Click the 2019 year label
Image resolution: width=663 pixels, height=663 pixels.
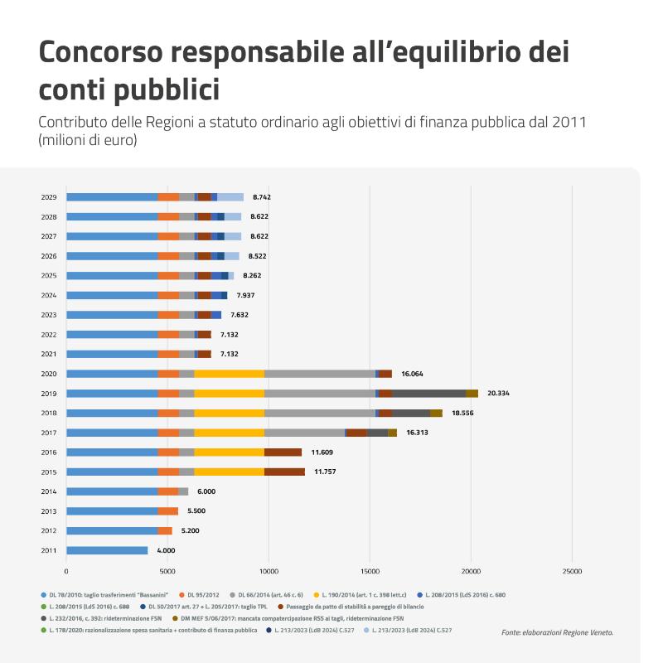click(49, 394)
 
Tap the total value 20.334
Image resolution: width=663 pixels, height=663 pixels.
click(498, 393)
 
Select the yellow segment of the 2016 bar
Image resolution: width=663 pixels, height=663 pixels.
click(230, 452)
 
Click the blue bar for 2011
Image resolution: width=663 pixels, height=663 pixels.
click(107, 550)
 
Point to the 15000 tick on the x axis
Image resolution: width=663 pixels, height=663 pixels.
click(370, 572)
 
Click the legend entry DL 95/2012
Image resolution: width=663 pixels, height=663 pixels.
click(199, 595)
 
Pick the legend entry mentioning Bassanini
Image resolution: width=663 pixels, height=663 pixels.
click(104, 595)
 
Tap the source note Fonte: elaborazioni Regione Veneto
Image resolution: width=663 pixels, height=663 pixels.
click(557, 632)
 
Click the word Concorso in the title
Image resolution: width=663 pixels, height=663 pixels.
click(100, 51)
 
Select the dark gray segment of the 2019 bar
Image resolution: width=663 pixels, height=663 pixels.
click(428, 394)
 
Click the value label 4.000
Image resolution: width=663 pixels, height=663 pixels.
click(166, 550)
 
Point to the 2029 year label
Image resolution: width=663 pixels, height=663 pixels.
click(49, 197)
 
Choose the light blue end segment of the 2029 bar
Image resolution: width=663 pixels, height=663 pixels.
click(230, 197)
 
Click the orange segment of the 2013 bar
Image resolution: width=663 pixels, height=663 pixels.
click(168, 511)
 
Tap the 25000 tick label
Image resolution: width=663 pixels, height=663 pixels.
click(572, 572)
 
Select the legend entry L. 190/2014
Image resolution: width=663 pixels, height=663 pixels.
click(360, 595)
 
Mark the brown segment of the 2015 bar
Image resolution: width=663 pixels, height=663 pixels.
click(284, 472)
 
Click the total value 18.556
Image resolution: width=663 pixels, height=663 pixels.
click(462, 413)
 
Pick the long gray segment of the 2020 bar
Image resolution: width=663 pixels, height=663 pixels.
click(320, 374)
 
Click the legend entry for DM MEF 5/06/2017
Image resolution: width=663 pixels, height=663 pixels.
click(288, 618)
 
